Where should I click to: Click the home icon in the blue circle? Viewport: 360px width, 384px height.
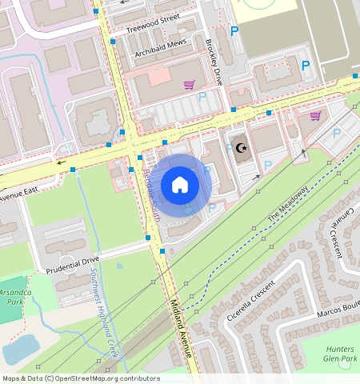click(180, 186)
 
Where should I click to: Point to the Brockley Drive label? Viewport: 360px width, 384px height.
click(214, 63)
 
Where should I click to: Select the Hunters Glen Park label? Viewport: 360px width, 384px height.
click(341, 354)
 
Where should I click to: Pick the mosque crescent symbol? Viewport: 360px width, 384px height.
click(241, 148)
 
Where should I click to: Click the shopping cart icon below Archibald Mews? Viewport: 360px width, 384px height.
click(190, 85)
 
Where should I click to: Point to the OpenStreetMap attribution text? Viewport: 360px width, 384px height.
click(80, 378)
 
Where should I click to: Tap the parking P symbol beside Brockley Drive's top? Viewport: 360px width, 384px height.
click(234, 31)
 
